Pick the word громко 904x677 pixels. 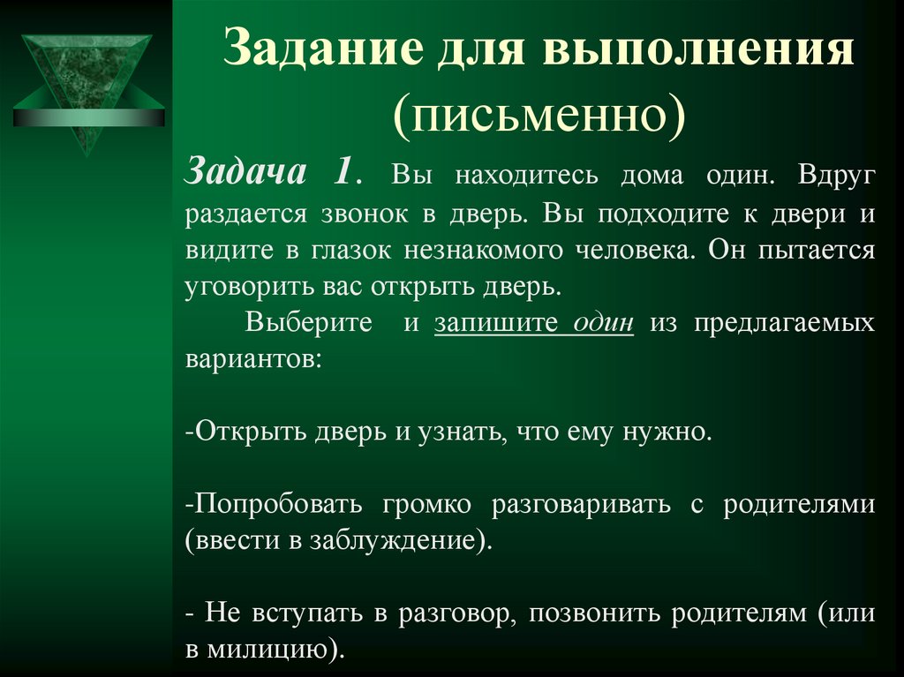click(x=423, y=504)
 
